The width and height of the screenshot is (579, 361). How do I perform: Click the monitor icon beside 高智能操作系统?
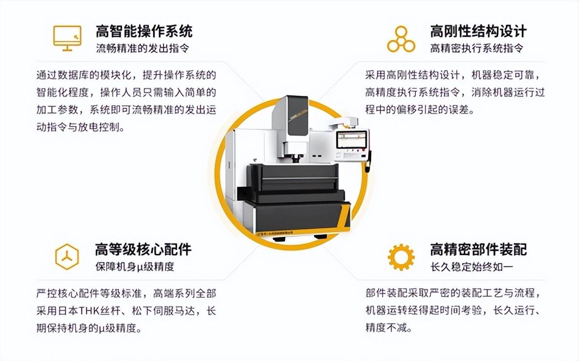point(67,38)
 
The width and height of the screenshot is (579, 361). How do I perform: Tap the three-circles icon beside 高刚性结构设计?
point(401,39)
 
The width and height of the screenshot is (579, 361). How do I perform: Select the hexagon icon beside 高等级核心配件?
point(67,257)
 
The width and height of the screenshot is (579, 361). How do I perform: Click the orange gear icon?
point(401,257)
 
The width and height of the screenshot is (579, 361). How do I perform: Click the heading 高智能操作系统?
point(144,31)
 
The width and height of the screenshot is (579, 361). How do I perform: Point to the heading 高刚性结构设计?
point(478,31)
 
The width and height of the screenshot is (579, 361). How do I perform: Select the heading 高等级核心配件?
point(143,250)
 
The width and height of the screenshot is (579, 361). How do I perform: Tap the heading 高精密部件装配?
point(479,250)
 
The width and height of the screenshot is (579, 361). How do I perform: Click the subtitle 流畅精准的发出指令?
point(142,48)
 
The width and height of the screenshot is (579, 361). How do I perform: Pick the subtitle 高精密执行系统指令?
point(477,48)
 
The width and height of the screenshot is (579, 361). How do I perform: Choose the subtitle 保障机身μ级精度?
point(135,266)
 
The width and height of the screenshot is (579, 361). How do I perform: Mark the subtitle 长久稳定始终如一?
point(472,266)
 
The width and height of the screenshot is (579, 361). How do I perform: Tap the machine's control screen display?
point(352,139)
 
